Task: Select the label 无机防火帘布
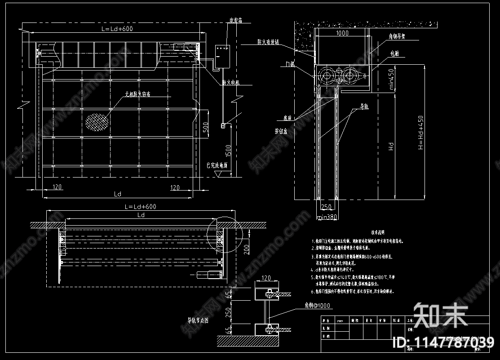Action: pos(138,94)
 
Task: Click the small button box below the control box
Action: pos(222,126)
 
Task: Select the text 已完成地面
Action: pos(217,165)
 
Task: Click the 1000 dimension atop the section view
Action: pos(342,33)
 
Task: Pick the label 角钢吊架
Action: pos(397,38)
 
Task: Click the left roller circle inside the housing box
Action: pos(327,76)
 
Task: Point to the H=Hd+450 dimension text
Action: pos(420,132)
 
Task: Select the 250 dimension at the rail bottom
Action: pos(327,207)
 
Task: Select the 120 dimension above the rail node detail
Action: pos(266,279)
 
